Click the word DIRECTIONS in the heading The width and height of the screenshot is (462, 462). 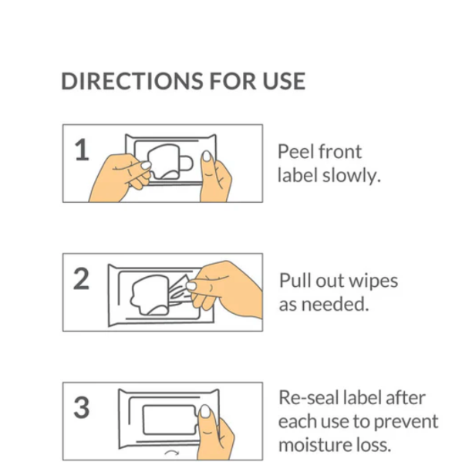coord(132,81)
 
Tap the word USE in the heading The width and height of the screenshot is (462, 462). coord(284,81)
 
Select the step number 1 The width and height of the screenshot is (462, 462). coord(82,150)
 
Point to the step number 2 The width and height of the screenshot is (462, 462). coord(81,278)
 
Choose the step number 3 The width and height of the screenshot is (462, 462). coord(81,407)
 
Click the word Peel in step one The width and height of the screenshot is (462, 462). coord(295,151)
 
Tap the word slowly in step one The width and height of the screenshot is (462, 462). coord(352,175)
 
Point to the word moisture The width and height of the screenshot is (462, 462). coord(315,445)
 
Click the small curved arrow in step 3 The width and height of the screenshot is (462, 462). coord(171,452)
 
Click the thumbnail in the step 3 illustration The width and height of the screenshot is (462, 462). coord(205,411)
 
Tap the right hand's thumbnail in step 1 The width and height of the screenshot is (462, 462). coord(207,156)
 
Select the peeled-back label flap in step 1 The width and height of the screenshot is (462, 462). coord(164,161)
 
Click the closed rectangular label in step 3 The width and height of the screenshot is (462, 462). coord(170,420)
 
